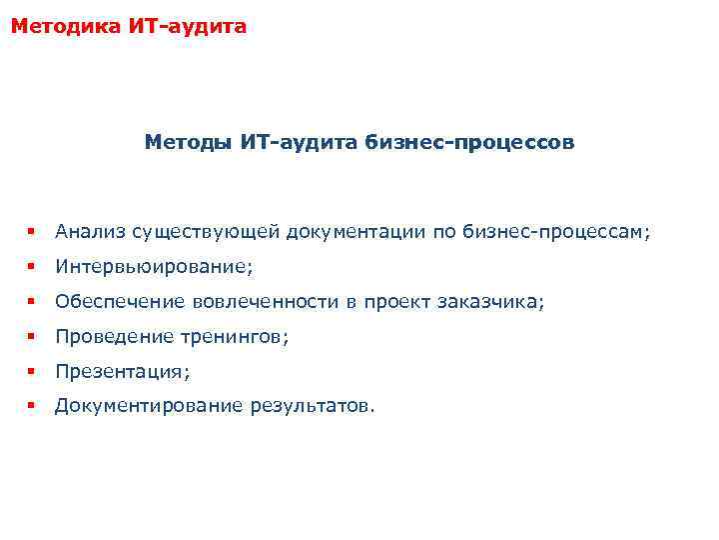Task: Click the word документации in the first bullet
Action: pyautogui.click(x=356, y=232)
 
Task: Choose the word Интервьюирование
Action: pyautogui.click(x=153, y=267)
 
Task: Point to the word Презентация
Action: pyautogui.click(x=121, y=372)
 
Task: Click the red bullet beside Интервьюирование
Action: pyautogui.click(x=33, y=267)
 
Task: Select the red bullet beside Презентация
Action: pyautogui.click(x=33, y=372)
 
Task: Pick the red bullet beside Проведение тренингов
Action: pyautogui.click(x=33, y=337)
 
